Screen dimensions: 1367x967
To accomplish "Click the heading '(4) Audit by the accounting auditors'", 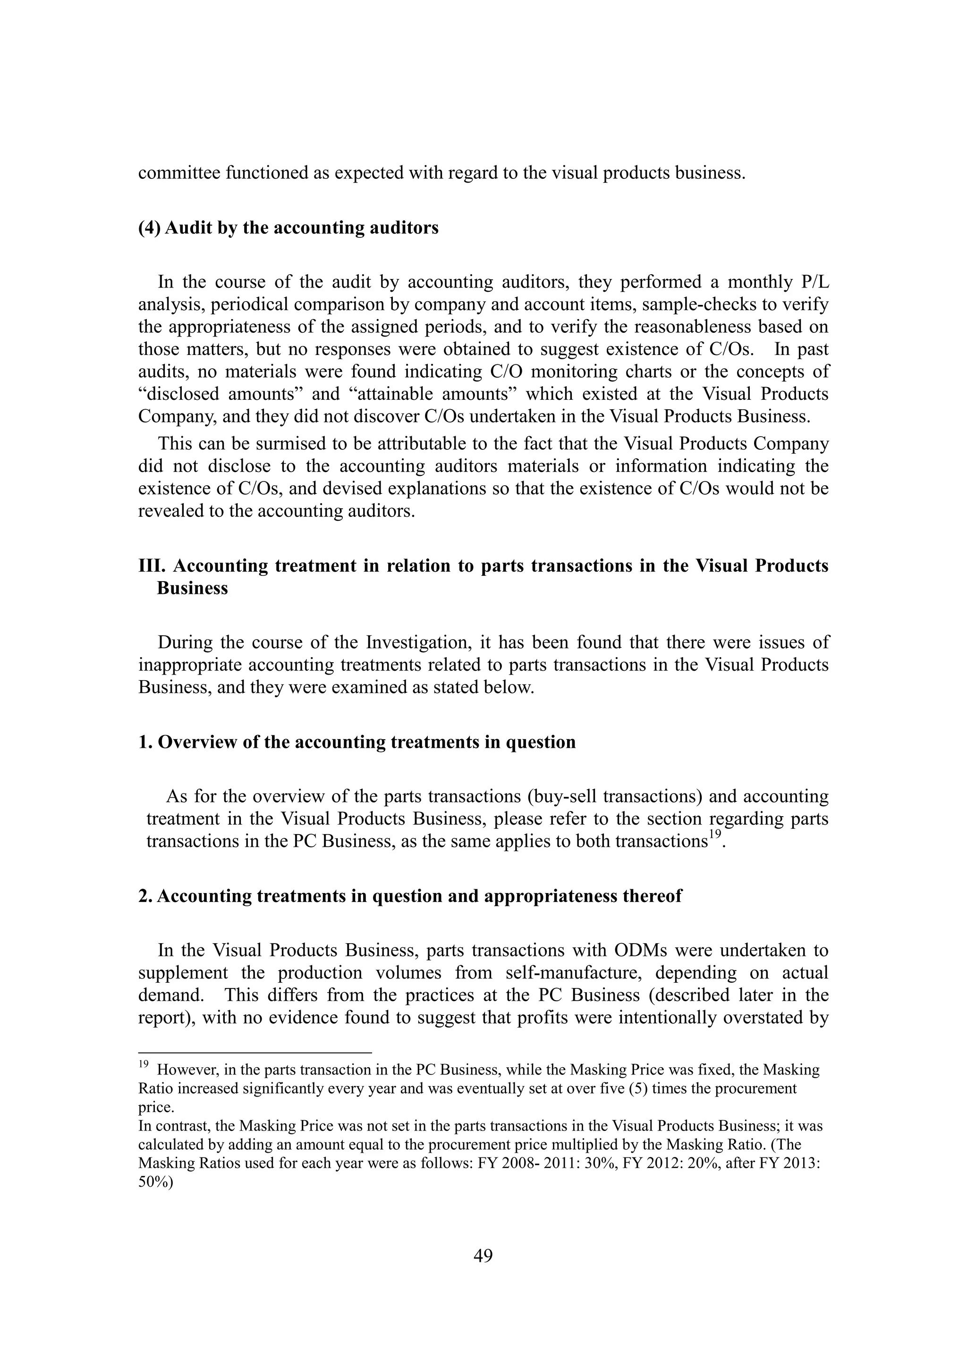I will pyautogui.click(x=288, y=228).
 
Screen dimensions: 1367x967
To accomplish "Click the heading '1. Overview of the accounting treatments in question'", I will pyautogui.click(x=357, y=743).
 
